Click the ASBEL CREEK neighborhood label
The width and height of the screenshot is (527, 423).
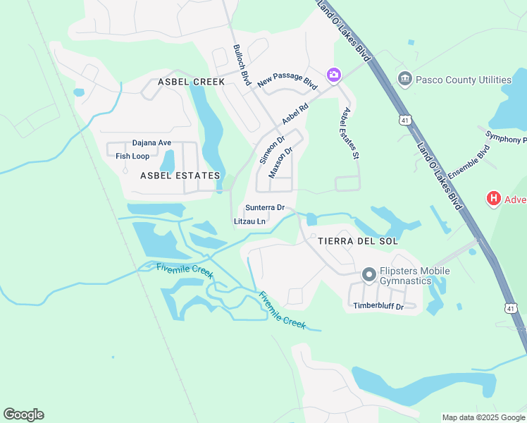pyautogui.click(x=191, y=82)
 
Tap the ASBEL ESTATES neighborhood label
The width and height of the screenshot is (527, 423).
pyautogui.click(x=180, y=176)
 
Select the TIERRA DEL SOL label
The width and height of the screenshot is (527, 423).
pyautogui.click(x=358, y=241)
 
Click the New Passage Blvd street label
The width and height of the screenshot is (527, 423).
pyautogui.click(x=287, y=81)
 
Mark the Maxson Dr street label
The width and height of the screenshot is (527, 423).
pyautogui.click(x=281, y=161)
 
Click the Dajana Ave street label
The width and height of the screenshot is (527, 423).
pyautogui.click(x=151, y=143)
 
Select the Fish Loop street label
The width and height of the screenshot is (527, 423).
pyautogui.click(x=132, y=157)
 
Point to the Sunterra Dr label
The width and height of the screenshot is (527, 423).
pyautogui.click(x=264, y=208)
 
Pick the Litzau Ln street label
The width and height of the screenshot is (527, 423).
pyautogui.click(x=249, y=221)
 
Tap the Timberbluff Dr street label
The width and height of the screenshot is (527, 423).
pyautogui.click(x=378, y=306)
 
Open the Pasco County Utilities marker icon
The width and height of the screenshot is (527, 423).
pyautogui.click(x=404, y=78)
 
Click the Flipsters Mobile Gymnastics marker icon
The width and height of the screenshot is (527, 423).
pyautogui.click(x=368, y=274)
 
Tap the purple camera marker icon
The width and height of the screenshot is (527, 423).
pyautogui.click(x=334, y=74)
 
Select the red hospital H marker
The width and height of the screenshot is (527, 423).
pyautogui.click(x=494, y=200)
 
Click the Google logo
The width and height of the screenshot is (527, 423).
pyautogui.click(x=23, y=415)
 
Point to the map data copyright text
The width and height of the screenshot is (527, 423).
pyautogui.click(x=483, y=417)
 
